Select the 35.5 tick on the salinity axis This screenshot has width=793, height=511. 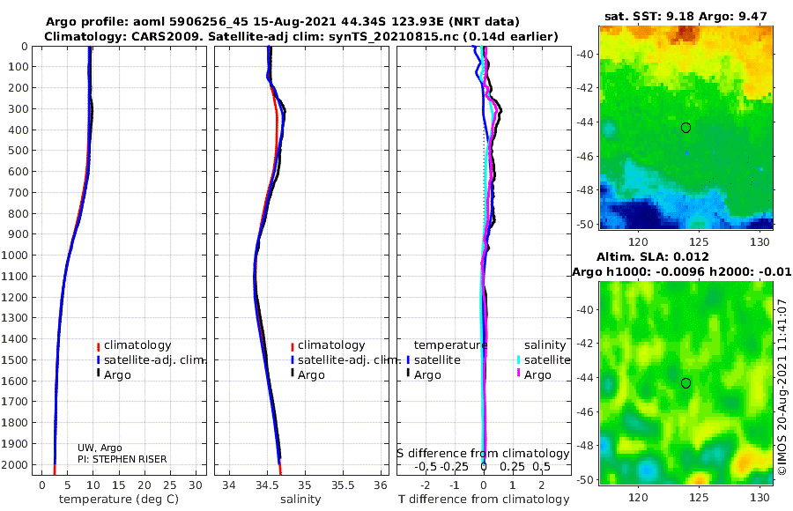pos(343,485)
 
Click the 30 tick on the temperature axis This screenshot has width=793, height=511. pos(196,485)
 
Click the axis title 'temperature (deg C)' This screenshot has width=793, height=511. pos(119,500)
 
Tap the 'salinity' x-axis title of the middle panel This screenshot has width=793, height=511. pos(301,500)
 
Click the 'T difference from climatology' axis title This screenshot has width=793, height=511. pos(484,500)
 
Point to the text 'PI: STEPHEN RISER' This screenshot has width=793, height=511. pos(122,459)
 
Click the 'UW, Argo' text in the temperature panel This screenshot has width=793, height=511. pos(100,448)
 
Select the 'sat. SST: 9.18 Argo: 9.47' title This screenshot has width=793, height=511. pos(686,16)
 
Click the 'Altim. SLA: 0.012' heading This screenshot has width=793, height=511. pos(653,256)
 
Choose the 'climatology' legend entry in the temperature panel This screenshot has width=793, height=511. pos(134,345)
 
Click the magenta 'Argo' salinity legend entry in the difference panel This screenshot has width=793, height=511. pos(533,375)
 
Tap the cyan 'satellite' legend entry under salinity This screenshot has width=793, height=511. pos(544,359)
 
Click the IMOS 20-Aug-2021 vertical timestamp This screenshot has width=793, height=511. pos(783,387)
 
